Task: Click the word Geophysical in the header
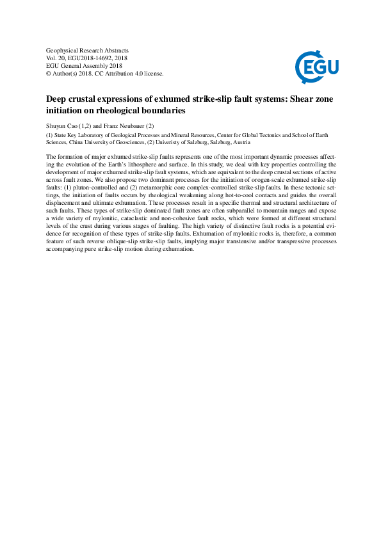click(62, 50)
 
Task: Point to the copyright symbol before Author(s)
click(49, 74)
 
